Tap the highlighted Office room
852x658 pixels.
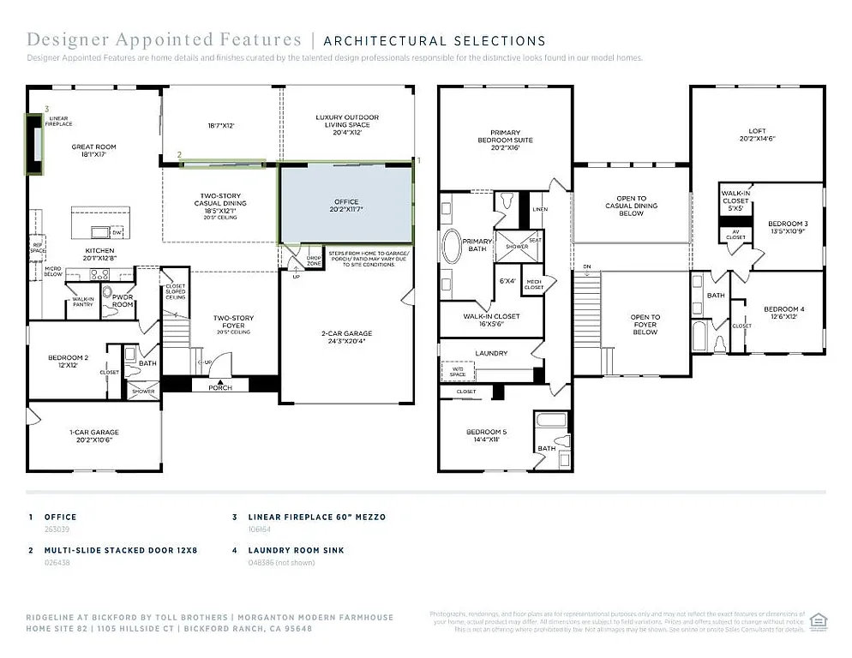[346, 205]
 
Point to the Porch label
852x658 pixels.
[220, 387]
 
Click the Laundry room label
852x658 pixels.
[491, 353]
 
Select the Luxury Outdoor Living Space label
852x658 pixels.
[346, 121]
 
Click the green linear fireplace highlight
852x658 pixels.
[34, 144]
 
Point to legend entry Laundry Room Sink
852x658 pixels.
[296, 550]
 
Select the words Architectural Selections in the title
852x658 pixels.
[434, 40]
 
